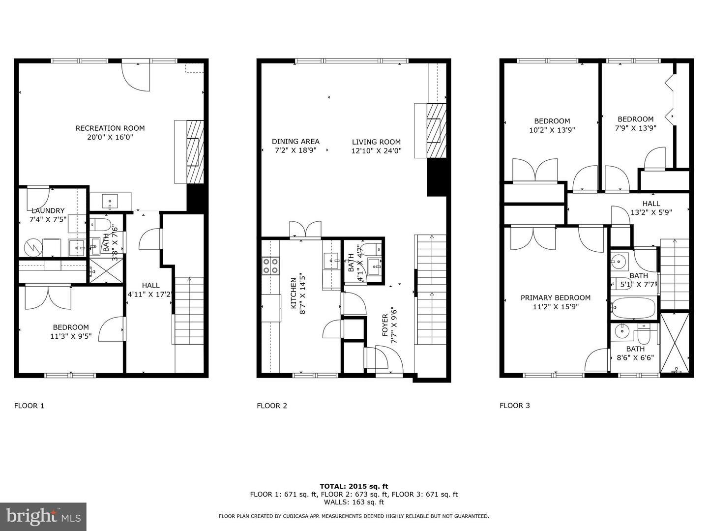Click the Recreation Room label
click(110, 128)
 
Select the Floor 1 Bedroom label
click(71, 327)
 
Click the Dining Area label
click(295, 142)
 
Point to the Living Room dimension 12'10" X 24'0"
click(376, 151)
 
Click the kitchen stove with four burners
click(270, 266)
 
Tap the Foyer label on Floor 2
click(385, 325)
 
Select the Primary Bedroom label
click(556, 297)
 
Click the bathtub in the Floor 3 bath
click(634, 308)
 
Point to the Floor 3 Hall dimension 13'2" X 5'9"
click(651, 212)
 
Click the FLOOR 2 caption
click(272, 406)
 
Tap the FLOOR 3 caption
click(515, 406)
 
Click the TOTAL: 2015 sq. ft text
click(354, 486)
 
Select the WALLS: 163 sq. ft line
click(354, 502)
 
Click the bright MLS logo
click(43, 516)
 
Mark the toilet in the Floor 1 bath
click(100, 225)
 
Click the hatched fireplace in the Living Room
click(434, 130)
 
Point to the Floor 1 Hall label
click(150, 285)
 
